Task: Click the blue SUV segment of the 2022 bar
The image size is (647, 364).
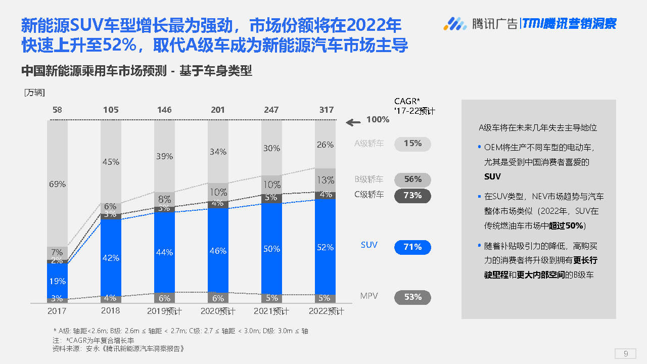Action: [325, 247]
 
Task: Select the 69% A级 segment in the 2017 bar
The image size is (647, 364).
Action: [57, 184]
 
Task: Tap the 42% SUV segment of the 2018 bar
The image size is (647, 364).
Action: [111, 257]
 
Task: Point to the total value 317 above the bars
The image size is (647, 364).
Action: [327, 110]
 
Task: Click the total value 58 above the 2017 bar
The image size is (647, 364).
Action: [57, 110]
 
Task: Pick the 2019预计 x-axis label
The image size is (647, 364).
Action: [164, 310]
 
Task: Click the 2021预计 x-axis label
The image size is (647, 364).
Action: [271, 310]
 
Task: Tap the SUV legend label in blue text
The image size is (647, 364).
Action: [369, 245]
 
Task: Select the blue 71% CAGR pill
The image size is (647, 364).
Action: [412, 247]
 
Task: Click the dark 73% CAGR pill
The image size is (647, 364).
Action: [412, 195]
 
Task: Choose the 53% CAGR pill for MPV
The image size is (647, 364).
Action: [412, 297]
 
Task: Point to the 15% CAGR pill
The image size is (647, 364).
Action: [412, 144]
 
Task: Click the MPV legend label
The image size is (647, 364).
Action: [369, 296]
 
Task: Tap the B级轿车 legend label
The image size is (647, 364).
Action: [369, 179]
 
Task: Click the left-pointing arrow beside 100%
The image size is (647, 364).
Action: [353, 121]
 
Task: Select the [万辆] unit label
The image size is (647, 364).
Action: [34, 93]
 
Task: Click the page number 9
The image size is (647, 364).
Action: [626, 353]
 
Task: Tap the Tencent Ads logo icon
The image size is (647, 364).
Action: [455, 23]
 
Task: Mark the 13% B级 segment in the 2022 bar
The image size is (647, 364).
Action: [325, 180]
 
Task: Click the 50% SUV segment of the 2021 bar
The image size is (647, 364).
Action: [271, 249]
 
